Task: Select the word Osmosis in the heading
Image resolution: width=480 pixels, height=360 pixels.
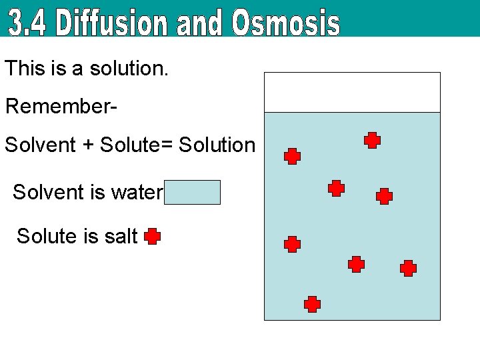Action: (285, 23)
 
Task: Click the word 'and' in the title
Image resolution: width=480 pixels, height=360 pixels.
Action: (203, 24)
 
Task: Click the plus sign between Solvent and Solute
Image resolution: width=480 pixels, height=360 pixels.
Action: (88, 145)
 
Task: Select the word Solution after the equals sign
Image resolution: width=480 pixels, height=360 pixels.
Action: (218, 145)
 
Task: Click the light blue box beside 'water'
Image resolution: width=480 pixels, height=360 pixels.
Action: (193, 192)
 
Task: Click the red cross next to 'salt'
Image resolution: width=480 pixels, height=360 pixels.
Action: (152, 237)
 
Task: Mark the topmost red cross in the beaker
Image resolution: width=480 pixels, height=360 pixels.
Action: (372, 140)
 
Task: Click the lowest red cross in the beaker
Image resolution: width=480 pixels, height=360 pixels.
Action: (312, 305)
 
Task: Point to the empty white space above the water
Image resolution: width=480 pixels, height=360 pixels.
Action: (352, 92)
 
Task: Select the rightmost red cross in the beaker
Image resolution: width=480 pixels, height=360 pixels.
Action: (408, 268)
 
